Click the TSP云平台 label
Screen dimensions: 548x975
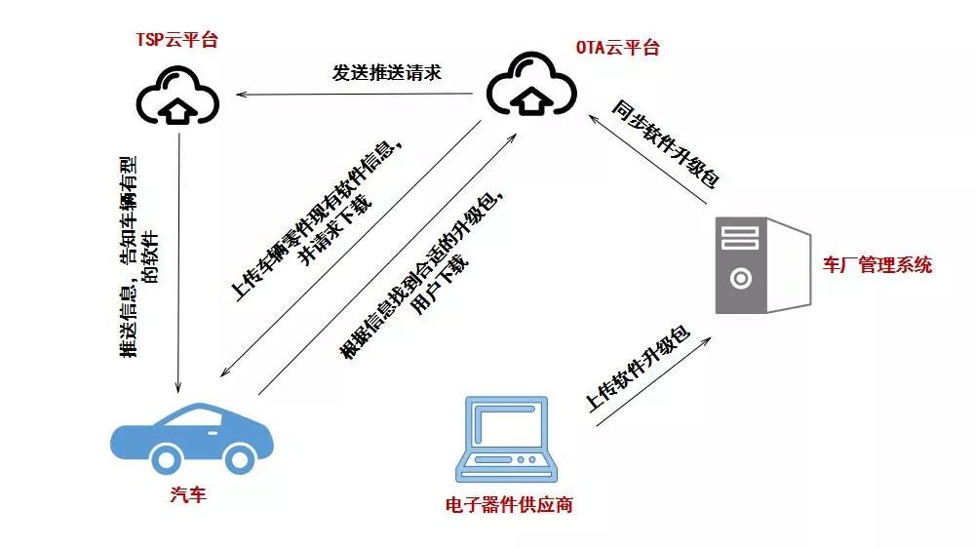(176, 40)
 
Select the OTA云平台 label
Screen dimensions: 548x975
(618, 47)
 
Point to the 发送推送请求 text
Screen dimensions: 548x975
(387, 73)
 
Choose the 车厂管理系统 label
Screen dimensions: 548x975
(877, 264)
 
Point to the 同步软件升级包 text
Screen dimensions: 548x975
(667, 141)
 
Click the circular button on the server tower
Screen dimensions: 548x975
(741, 278)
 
